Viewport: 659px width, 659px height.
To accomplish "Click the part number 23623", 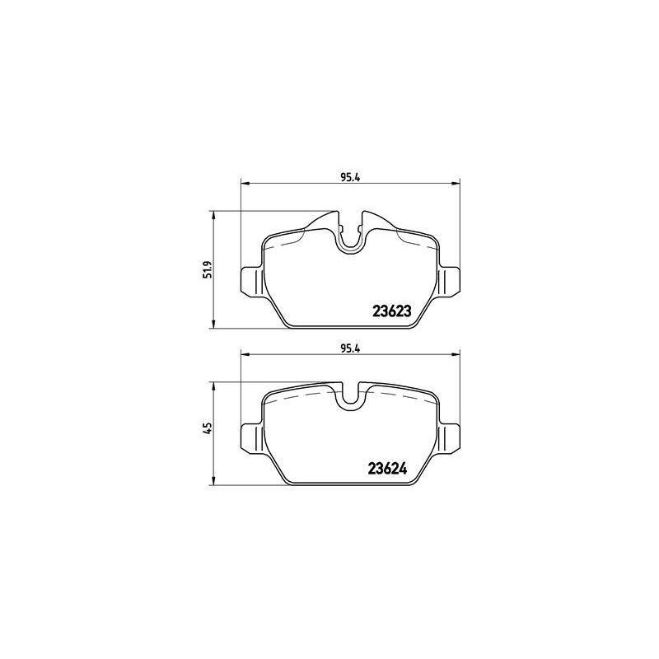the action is coord(392,311).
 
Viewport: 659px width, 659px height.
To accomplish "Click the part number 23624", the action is coord(387,468).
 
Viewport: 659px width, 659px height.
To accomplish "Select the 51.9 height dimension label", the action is coord(208,269).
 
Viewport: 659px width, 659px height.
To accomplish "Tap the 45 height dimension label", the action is coord(208,428).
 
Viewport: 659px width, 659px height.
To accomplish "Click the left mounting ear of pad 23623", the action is coord(252,280).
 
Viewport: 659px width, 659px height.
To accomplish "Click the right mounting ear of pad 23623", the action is coord(449,280).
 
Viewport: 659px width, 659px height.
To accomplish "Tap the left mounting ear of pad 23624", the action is coord(252,438).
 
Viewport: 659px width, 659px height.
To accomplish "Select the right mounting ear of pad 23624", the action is coord(449,438).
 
